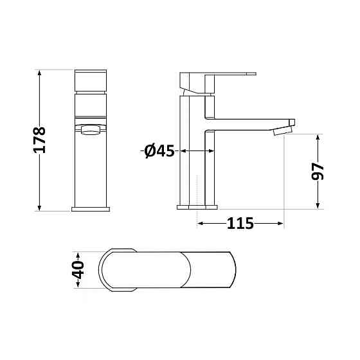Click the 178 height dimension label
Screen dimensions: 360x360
point(39,140)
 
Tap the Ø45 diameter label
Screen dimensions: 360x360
point(159,151)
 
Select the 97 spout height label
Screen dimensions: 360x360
point(318,171)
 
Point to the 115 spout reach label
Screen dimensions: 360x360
point(240,223)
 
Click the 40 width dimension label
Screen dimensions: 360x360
point(78,270)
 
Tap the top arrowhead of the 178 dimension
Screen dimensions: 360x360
point(39,73)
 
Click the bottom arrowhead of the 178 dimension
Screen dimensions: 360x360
point(39,208)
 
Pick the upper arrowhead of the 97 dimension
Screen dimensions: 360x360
point(318,138)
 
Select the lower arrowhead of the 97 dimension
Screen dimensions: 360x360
point(318,206)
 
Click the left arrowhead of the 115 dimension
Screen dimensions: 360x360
point(201,223)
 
